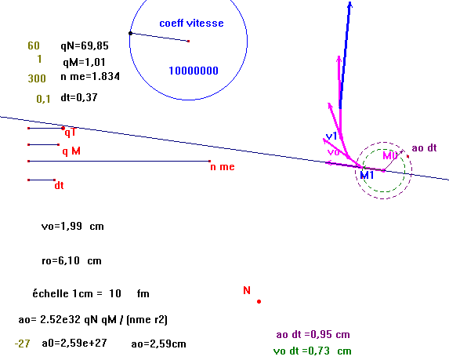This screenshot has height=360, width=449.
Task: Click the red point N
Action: click(x=259, y=301)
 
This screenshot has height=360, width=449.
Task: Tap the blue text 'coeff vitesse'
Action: click(x=191, y=24)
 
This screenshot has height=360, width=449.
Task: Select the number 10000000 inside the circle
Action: click(x=194, y=71)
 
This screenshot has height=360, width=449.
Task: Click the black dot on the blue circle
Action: click(x=131, y=33)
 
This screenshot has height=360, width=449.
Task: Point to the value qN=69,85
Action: click(x=85, y=45)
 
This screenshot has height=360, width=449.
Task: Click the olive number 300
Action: click(x=37, y=78)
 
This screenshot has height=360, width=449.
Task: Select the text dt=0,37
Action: click(x=79, y=97)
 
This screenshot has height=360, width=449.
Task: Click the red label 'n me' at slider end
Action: click(x=223, y=167)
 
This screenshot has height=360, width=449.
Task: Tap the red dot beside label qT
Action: click(x=63, y=128)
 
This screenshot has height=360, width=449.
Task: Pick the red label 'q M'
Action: click(x=71, y=151)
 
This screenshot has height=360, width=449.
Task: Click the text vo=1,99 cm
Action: click(x=72, y=227)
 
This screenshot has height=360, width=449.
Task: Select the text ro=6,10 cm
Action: click(x=71, y=261)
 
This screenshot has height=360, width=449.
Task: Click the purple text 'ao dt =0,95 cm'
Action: click(x=313, y=334)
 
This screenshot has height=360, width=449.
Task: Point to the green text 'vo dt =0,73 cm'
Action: click(x=312, y=351)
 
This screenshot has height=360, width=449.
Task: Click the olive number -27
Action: click(x=22, y=344)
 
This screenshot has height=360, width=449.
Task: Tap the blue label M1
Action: click(x=367, y=175)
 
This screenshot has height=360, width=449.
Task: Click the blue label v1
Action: click(x=331, y=136)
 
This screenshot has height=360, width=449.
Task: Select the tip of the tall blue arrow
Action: click(x=350, y=2)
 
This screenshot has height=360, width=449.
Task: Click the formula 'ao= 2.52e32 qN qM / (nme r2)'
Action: click(x=92, y=319)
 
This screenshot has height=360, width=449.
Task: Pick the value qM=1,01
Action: click(x=84, y=62)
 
